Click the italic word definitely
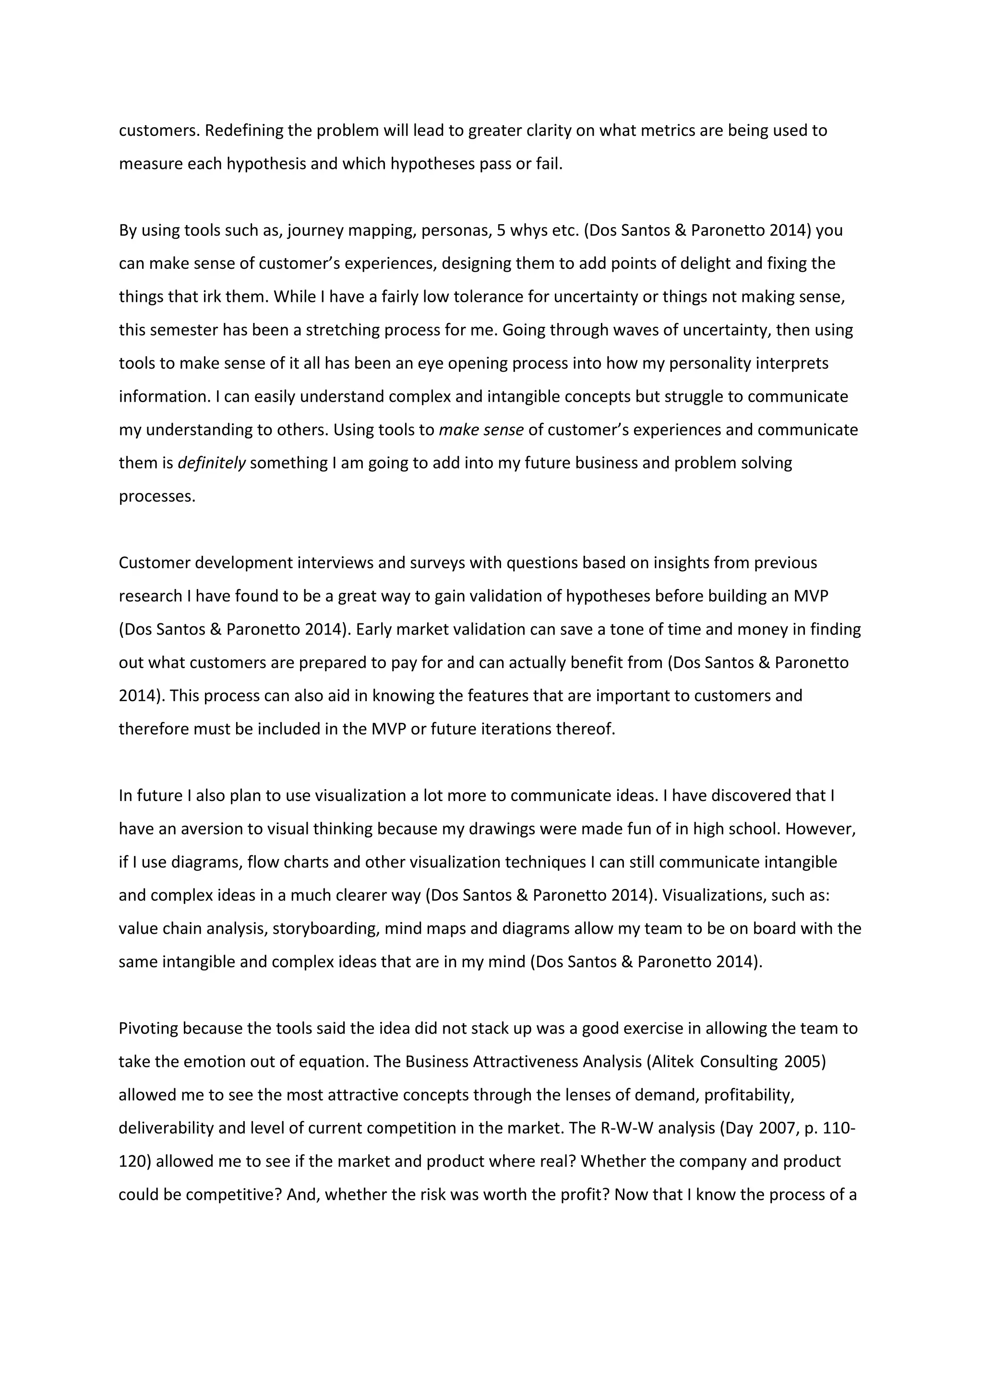click(211, 463)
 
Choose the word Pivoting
click(148, 1029)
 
